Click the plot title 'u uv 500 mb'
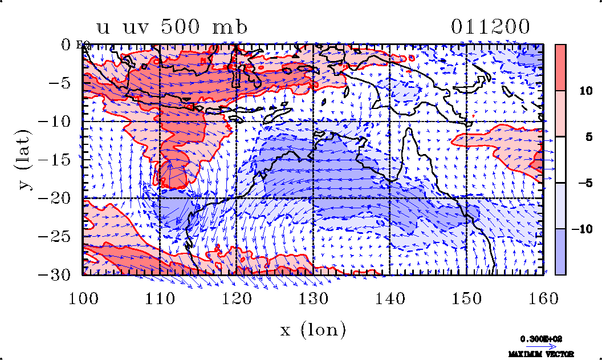[x=172, y=27]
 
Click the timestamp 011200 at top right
[x=491, y=27]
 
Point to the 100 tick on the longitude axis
[x=83, y=297]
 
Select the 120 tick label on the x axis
[x=236, y=297]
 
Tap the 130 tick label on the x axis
[x=313, y=297]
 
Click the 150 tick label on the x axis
[x=466, y=297]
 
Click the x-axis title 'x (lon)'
[x=313, y=330]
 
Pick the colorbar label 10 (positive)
[x=581, y=91]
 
